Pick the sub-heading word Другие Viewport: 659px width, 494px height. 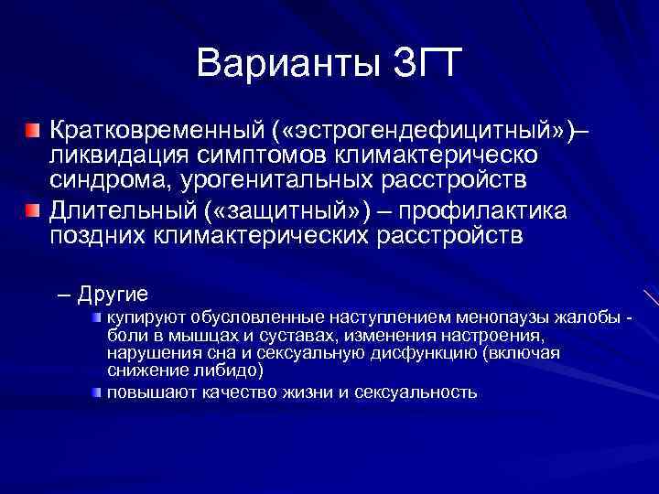point(113,294)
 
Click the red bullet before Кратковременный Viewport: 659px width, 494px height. point(32,131)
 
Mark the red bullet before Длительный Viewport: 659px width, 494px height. point(32,211)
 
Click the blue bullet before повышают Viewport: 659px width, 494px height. point(96,392)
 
